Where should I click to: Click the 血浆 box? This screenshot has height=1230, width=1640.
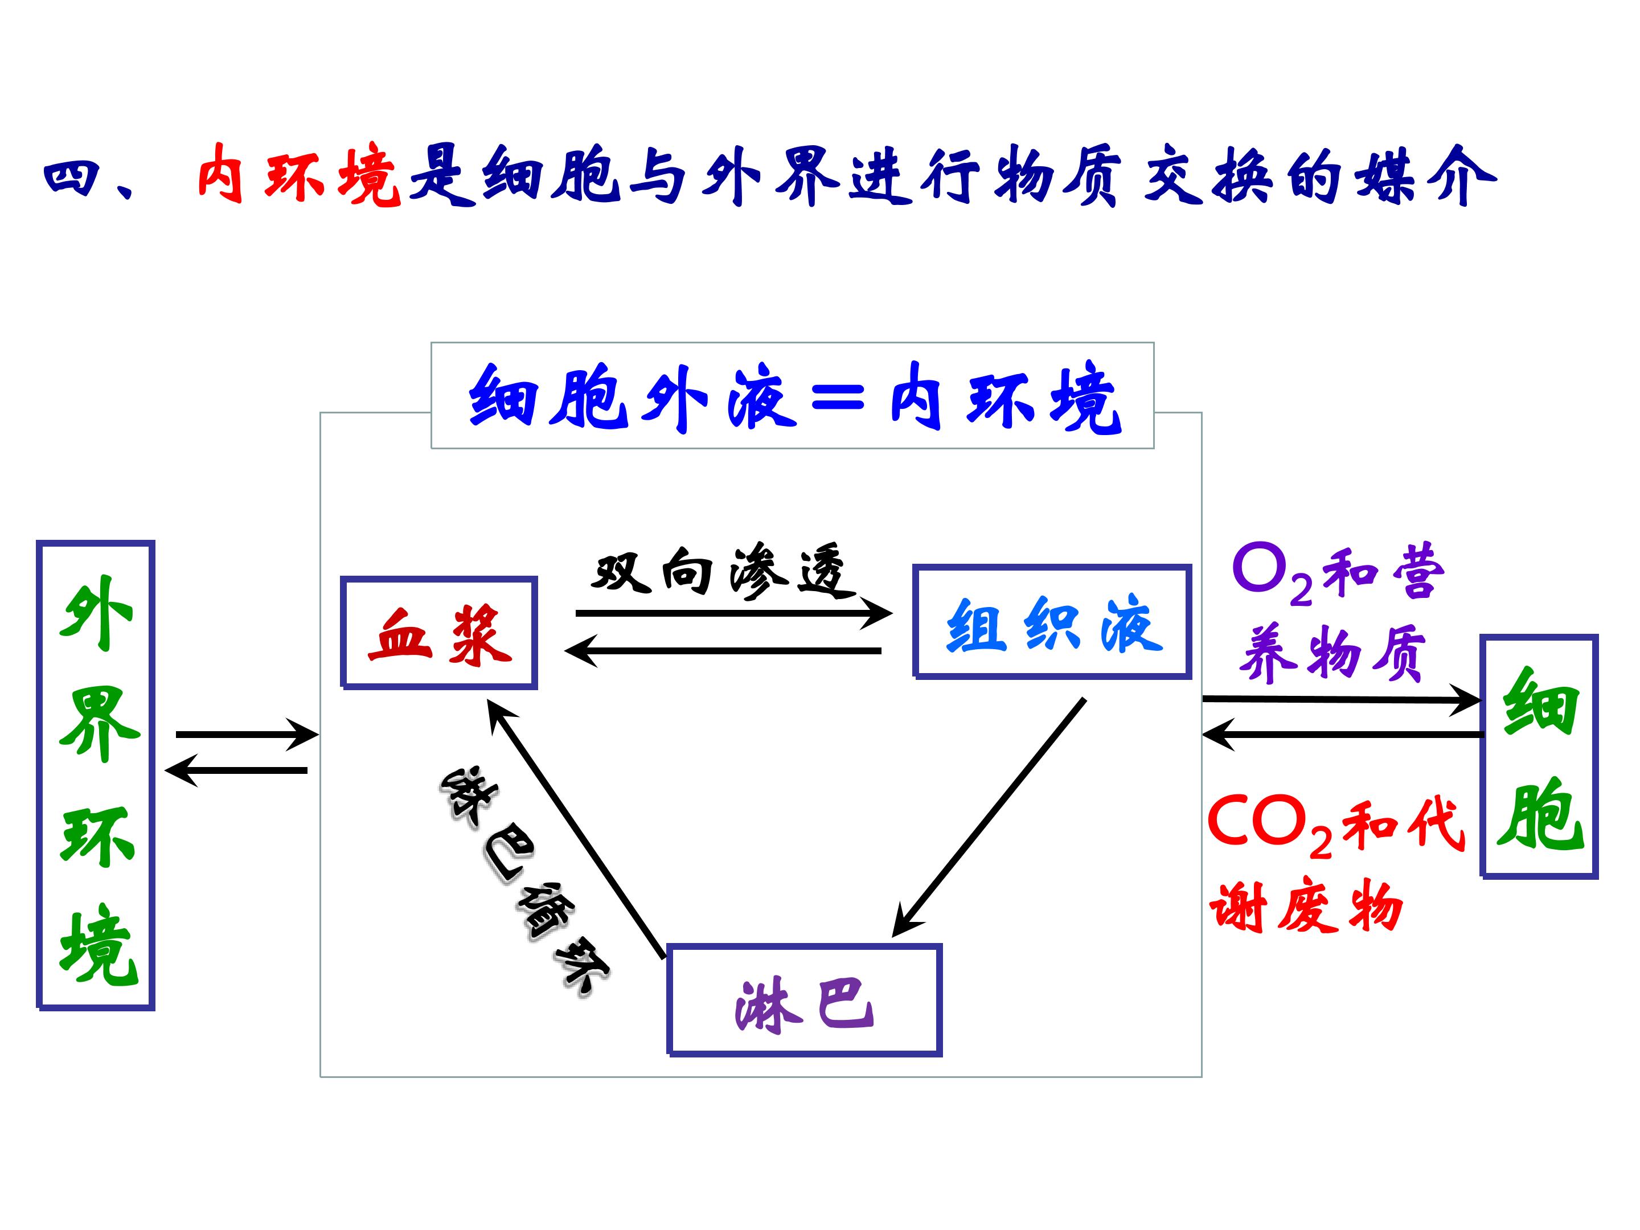(x=439, y=633)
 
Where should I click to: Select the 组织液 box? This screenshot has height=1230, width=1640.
(x=1052, y=622)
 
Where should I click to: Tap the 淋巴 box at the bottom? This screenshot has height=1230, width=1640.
(x=805, y=999)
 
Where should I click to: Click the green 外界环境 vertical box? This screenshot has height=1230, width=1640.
(x=96, y=775)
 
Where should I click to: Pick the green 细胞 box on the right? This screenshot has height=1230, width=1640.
(x=1539, y=756)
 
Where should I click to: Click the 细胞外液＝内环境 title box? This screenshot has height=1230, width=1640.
(x=792, y=396)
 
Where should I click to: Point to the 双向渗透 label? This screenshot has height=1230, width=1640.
(x=717, y=572)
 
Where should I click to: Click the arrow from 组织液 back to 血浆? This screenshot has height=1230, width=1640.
(x=723, y=651)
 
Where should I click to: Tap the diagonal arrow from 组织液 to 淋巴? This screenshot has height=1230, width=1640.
(x=990, y=815)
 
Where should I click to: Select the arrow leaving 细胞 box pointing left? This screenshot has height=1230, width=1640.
(x=1342, y=735)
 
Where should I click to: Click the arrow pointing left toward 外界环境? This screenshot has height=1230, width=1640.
(x=236, y=770)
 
